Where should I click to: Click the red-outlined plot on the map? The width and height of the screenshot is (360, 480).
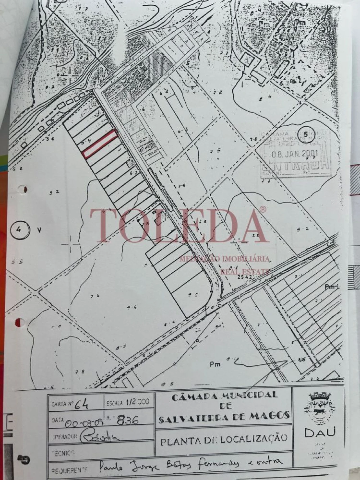100,144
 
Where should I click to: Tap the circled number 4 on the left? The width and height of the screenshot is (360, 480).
19,230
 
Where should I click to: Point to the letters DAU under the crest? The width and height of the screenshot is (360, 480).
320,432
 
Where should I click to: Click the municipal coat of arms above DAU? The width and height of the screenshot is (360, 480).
320,408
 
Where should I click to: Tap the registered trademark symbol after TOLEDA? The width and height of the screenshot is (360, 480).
262,209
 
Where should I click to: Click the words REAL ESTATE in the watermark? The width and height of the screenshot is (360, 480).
245,271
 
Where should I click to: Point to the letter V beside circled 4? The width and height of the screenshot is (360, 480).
39,230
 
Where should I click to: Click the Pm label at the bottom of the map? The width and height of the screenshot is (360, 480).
215,364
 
